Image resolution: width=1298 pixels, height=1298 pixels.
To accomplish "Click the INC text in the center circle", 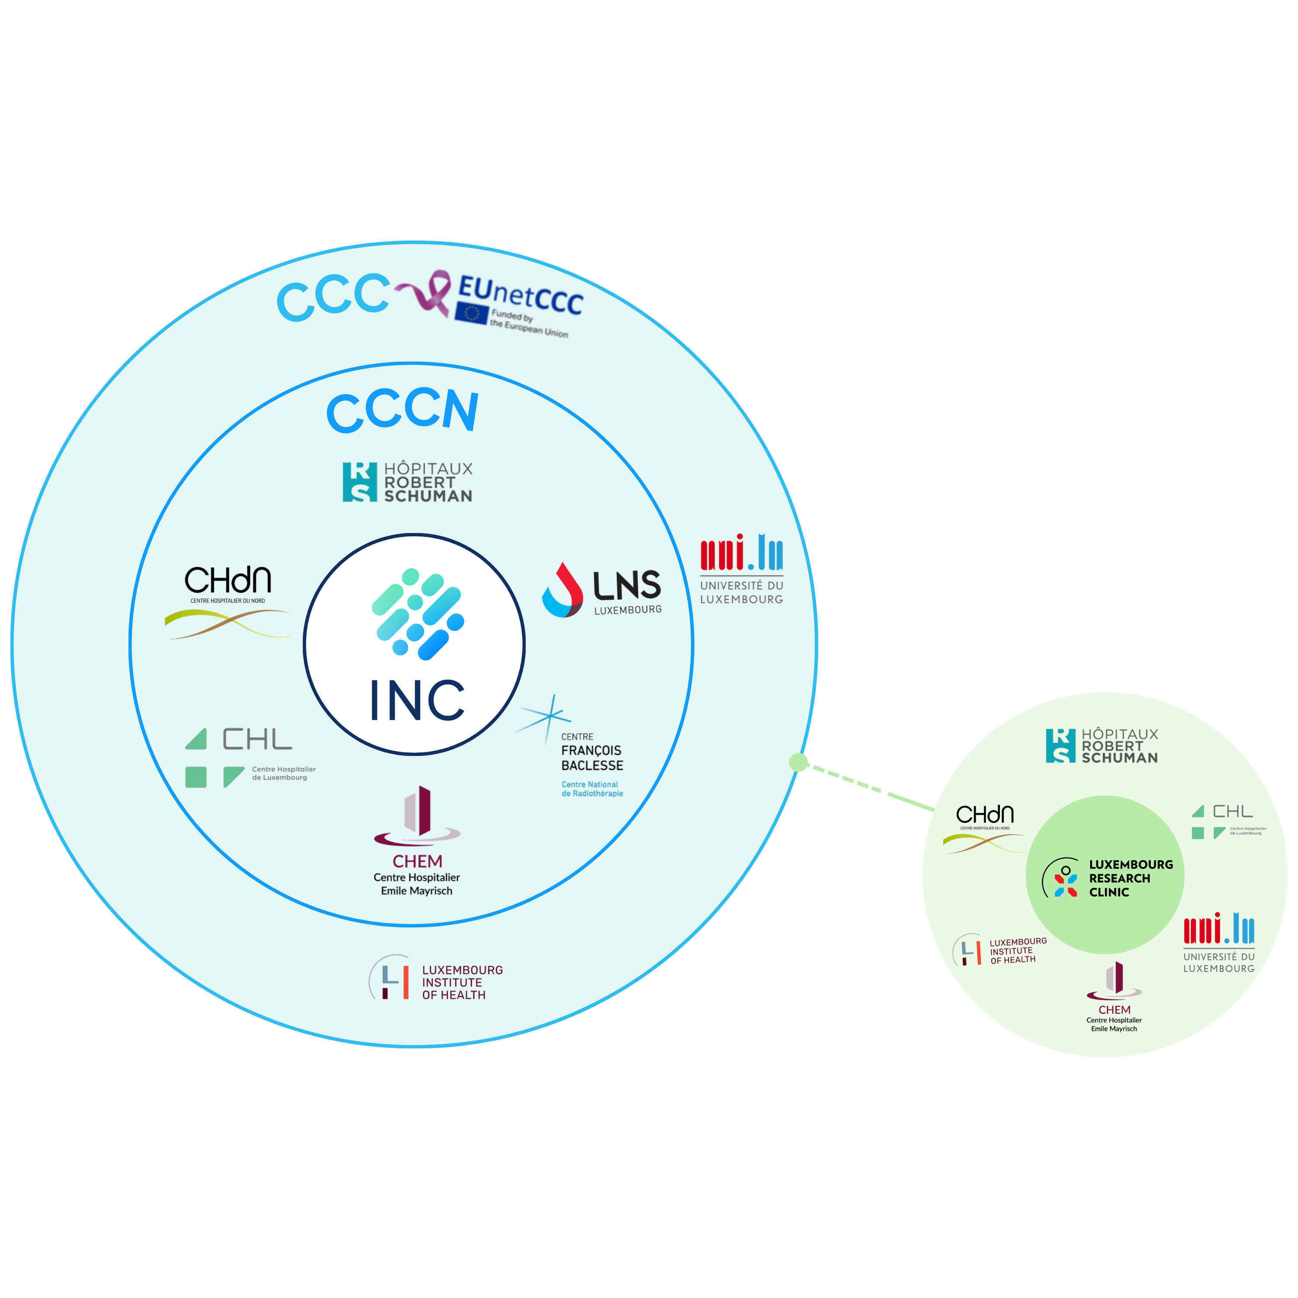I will (417, 701).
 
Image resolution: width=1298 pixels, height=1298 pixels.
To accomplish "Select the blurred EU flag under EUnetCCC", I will (471, 314).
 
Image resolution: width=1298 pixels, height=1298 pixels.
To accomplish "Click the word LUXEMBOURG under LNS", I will (627, 610).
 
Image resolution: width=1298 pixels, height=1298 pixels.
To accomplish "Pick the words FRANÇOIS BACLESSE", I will (592, 758).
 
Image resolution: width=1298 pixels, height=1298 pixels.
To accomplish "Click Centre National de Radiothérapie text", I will (592, 789).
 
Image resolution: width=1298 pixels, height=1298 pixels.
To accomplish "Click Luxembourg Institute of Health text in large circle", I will (462, 982).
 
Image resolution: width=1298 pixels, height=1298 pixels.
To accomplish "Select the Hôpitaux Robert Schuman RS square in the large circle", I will (360, 482).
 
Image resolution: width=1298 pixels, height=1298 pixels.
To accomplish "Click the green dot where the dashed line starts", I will (798, 762).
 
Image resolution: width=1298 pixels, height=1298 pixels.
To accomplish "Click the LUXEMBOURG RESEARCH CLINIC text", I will (1130, 878).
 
